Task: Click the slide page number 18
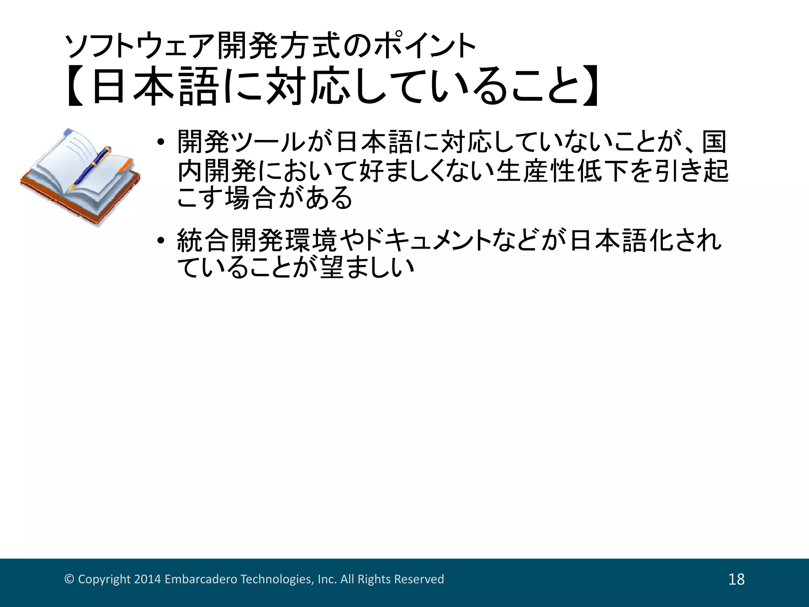click(736, 579)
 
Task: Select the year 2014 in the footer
click(147, 579)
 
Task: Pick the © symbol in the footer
click(69, 579)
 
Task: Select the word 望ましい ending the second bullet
click(367, 268)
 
